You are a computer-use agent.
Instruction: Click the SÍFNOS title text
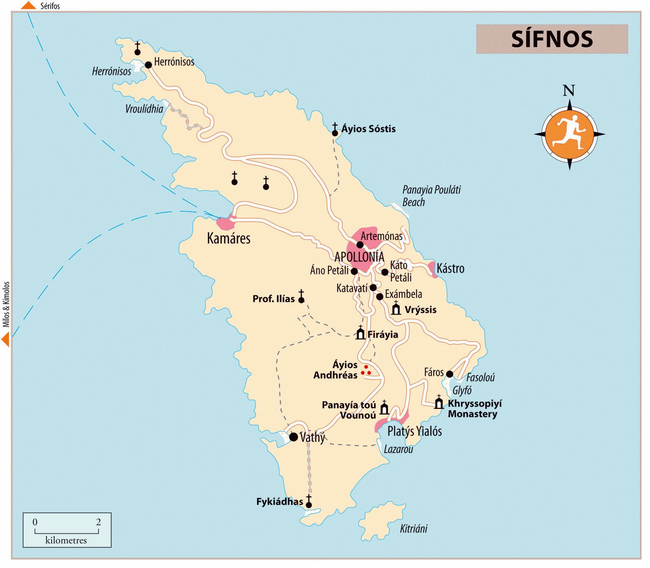click(x=552, y=39)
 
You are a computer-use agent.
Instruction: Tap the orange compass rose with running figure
click(x=570, y=134)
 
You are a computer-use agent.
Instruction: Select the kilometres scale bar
click(x=67, y=530)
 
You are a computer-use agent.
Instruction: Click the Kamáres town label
click(x=229, y=238)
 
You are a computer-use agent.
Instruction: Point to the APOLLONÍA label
click(x=359, y=257)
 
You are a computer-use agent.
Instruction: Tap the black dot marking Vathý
click(x=293, y=437)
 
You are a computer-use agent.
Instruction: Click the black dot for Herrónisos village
click(x=149, y=65)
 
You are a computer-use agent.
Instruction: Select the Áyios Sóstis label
click(x=369, y=129)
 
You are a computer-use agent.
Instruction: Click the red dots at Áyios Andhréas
click(x=366, y=371)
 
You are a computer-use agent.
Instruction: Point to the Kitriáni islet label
click(x=413, y=528)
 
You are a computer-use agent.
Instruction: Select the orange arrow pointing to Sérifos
click(x=28, y=6)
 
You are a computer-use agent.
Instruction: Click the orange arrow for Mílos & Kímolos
click(x=6, y=339)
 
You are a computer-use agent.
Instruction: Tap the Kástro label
click(x=450, y=268)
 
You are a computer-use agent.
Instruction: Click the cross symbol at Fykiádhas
click(x=309, y=501)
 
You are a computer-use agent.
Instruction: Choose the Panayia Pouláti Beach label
click(x=431, y=196)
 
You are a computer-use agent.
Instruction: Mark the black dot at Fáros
click(x=449, y=374)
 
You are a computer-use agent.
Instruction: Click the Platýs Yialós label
click(x=414, y=431)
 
